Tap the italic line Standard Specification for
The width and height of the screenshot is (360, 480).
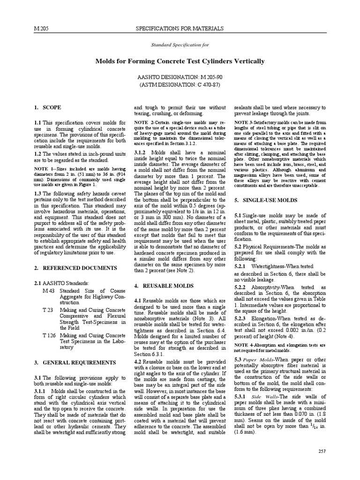coord(180,45)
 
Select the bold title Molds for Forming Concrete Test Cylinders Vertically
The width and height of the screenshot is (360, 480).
coord(180,61)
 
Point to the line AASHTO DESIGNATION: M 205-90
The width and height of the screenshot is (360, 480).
coord(180,76)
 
